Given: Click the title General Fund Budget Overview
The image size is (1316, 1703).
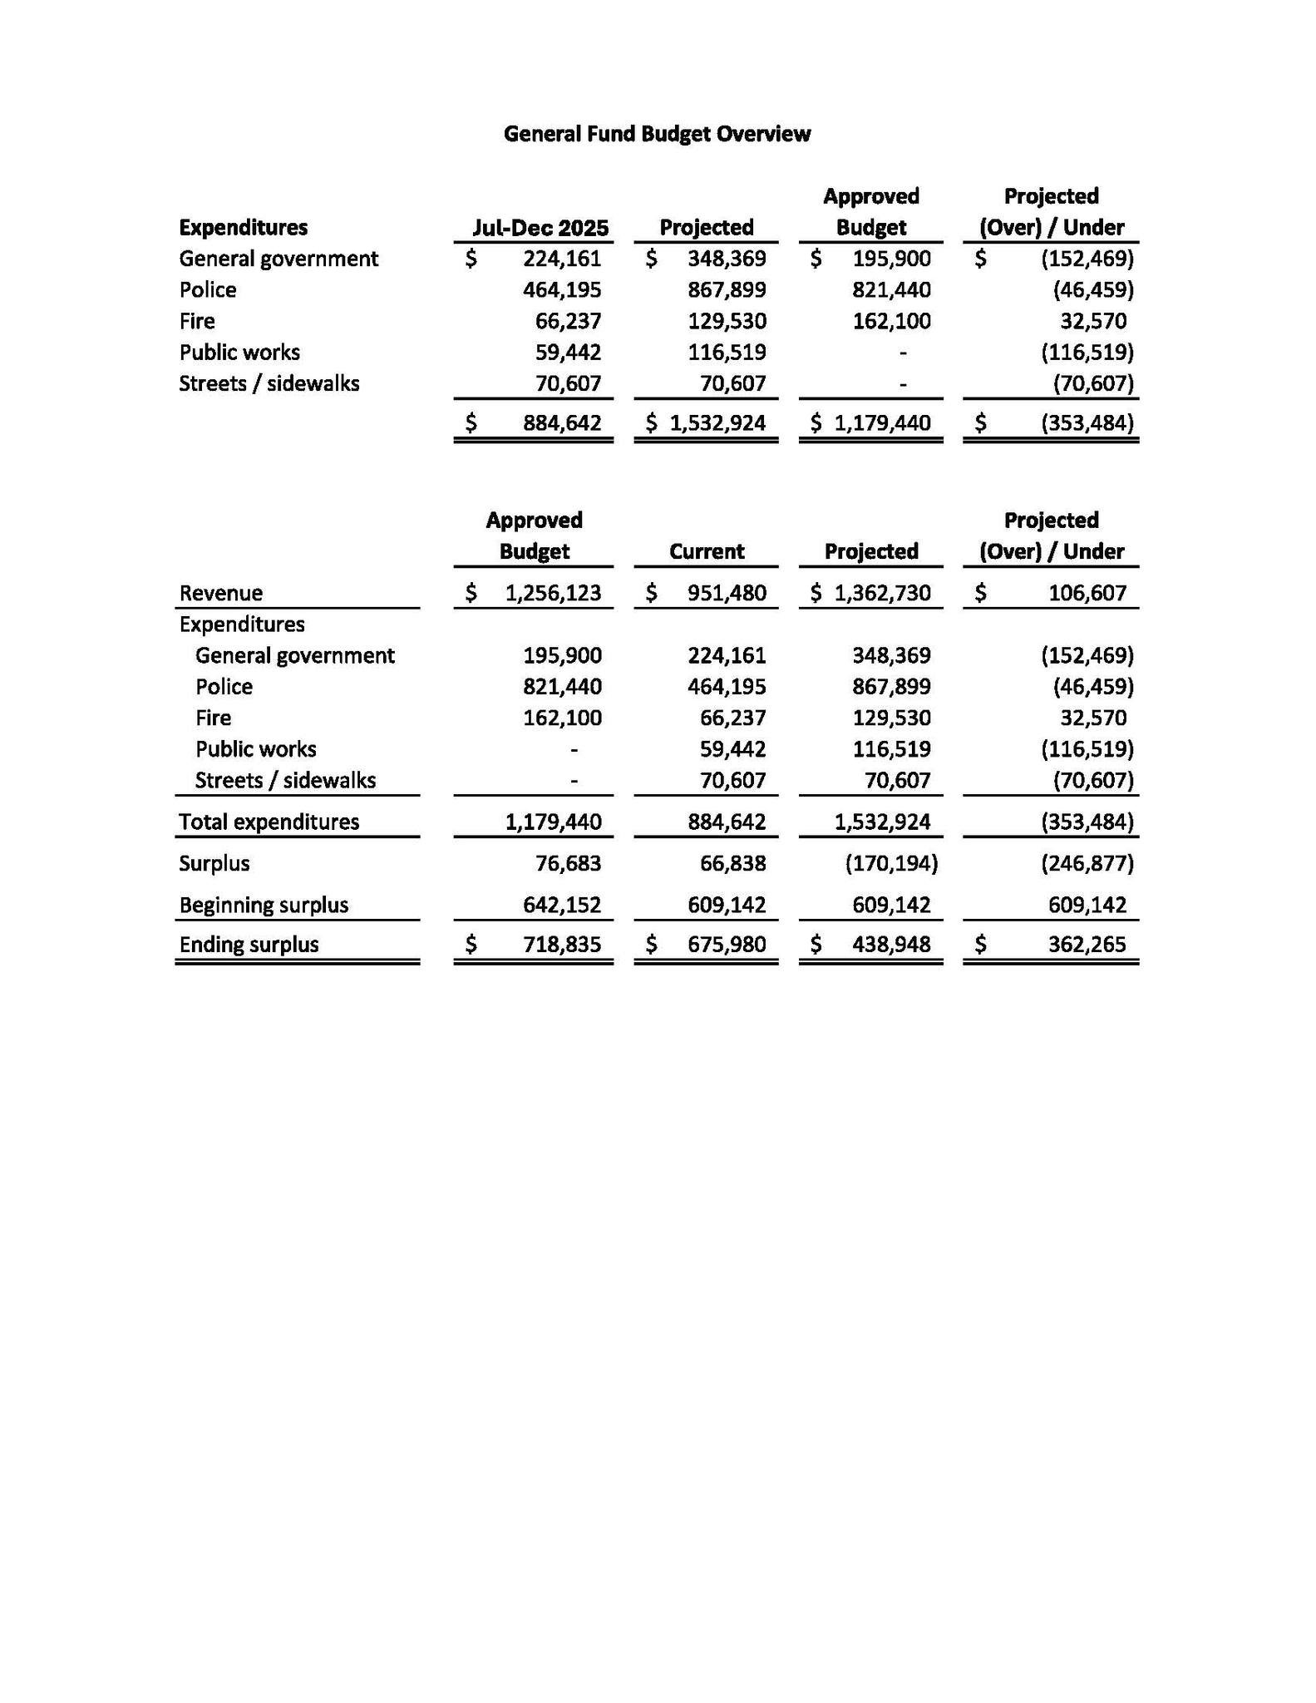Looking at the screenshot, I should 657,134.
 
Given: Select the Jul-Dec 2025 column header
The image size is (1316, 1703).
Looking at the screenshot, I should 540,228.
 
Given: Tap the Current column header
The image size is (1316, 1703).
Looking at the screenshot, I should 707,551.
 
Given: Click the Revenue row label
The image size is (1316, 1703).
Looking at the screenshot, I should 221,593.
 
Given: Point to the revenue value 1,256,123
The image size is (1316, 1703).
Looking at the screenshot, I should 553,593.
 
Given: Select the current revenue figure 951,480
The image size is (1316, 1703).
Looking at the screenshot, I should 727,593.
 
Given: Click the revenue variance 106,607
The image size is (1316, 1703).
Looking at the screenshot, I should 1087,593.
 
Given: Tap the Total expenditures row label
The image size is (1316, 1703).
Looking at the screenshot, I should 269,822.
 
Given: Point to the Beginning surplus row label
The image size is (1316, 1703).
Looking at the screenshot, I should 264,905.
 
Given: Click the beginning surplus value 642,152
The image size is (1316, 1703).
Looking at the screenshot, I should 562,905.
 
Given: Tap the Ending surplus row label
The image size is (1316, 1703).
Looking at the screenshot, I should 249,945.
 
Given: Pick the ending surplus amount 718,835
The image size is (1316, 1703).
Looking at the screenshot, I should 562,945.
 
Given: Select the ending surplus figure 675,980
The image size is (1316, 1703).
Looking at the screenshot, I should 727,945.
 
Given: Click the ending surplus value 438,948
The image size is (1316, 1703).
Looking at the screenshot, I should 891,945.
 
